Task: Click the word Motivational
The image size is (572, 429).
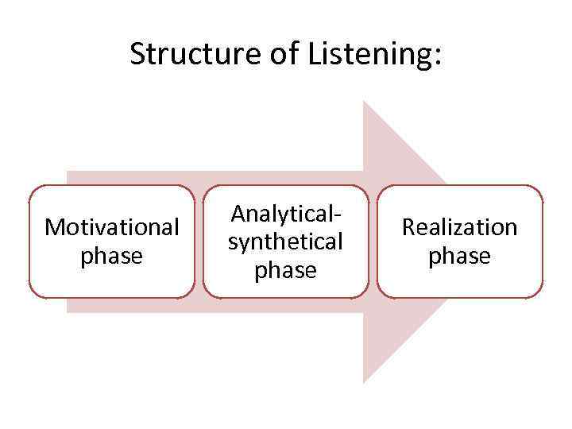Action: [112, 227]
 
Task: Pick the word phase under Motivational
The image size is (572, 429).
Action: [112, 257]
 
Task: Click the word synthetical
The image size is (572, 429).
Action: [285, 242]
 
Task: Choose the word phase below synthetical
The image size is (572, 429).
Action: [285, 271]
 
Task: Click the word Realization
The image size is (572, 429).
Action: [459, 227]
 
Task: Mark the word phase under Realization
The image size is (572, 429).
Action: [459, 257]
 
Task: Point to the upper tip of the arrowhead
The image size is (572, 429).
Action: [364, 101]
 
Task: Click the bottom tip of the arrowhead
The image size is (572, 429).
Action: [364, 383]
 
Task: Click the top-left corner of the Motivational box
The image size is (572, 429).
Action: [31, 187]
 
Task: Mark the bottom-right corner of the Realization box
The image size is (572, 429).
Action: [541, 296]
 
